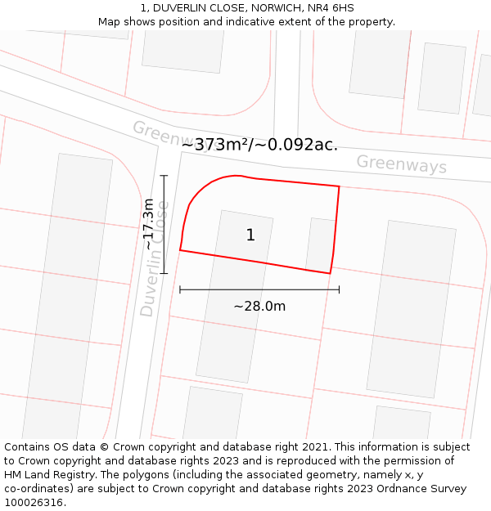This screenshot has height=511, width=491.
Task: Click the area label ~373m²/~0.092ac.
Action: tap(259, 145)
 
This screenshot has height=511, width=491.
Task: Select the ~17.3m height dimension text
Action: tap(148, 224)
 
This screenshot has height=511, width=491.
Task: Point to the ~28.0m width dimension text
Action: tap(259, 307)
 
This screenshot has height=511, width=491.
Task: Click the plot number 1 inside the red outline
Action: tap(250, 235)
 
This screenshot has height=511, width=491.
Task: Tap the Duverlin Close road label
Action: tap(154, 258)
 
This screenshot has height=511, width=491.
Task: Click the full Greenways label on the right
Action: tap(401, 164)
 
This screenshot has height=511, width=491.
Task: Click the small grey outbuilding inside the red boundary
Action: tap(320, 244)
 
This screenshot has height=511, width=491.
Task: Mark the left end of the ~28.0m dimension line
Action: tap(180, 289)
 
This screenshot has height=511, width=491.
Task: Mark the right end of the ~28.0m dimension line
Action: tap(339, 289)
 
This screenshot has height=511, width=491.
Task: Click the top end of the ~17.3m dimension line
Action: tap(164, 176)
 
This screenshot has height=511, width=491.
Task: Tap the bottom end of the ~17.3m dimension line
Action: tap(164, 273)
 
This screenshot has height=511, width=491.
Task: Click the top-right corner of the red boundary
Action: tap(339, 186)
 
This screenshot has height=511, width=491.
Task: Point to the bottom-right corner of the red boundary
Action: tap(330, 273)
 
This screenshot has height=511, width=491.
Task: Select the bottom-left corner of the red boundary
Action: tap(180, 250)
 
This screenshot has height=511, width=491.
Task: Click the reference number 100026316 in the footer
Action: tap(33, 503)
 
